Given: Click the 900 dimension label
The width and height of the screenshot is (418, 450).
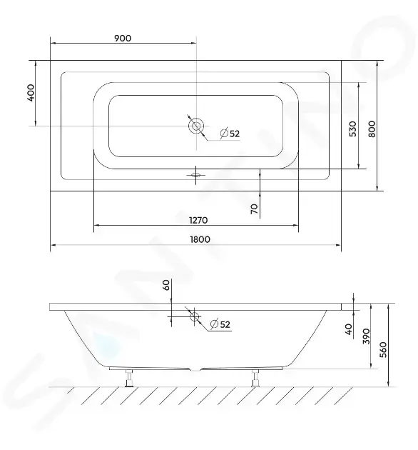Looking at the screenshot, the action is click(123, 38).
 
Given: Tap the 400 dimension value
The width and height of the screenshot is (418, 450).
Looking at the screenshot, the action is click(31, 92).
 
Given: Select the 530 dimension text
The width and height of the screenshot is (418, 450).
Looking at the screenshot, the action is click(353, 129).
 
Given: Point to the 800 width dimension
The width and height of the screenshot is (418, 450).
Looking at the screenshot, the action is click(372, 129).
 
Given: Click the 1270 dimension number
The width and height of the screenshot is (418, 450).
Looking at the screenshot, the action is click(198, 220).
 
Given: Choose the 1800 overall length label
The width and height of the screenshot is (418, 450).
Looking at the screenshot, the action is click(200, 239).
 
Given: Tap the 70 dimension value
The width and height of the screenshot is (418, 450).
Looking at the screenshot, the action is click(255, 209).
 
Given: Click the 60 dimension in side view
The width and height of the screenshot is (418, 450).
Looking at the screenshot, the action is click(166, 285).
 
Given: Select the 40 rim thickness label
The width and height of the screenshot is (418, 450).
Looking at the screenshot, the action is click(349, 329).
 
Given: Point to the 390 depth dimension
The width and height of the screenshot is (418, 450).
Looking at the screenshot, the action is click(367, 336).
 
